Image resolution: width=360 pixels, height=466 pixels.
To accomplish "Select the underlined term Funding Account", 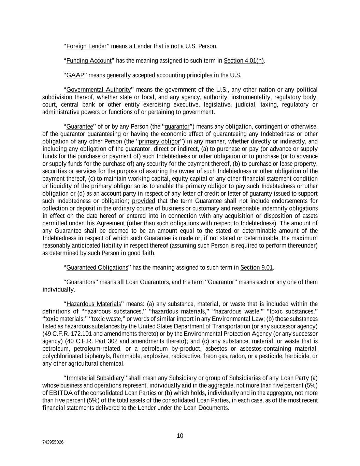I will pos(89,61).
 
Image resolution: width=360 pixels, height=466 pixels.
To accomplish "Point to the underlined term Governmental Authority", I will pos(98,90).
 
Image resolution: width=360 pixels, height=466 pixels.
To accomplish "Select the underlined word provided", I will pos(143,201).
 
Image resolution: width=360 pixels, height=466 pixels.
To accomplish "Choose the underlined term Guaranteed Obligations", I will pos(97,268).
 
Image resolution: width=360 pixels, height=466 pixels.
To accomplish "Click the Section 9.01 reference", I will pos(257,268).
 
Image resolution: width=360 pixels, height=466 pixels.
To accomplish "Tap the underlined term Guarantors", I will pos(81,282).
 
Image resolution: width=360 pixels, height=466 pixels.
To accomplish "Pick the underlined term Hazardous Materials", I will pos(93,304).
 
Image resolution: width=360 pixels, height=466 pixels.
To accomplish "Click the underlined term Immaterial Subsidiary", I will pos(95,378).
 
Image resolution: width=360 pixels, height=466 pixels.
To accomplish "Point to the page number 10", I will pos(180,436).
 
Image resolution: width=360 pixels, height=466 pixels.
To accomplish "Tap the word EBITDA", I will pos(62,393).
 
